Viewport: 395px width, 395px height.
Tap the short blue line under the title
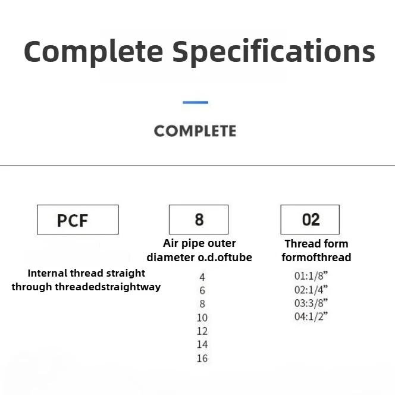[x=195, y=103]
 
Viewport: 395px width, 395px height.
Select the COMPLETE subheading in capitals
[x=195, y=131]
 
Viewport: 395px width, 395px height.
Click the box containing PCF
[x=77, y=220]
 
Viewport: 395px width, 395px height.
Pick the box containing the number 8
[x=199, y=220]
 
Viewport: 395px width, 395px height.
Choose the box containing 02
[x=310, y=220]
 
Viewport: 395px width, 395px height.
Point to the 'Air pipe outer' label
[x=199, y=243]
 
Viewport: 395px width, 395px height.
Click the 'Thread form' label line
[x=316, y=243]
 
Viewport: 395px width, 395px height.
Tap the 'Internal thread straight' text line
[x=86, y=274]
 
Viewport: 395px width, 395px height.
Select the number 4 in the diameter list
[x=202, y=277]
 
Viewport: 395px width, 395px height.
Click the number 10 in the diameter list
[x=202, y=318]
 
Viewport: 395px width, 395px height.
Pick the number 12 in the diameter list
[x=202, y=331]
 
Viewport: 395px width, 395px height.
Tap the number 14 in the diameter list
[x=202, y=344]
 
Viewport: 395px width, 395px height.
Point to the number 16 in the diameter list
[x=202, y=358]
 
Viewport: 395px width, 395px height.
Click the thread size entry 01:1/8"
[x=311, y=276]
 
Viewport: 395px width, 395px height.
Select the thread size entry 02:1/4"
[x=311, y=289]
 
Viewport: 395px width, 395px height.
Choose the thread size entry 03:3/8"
[x=311, y=303]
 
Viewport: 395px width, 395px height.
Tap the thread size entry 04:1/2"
[x=311, y=316]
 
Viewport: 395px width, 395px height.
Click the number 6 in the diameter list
[x=202, y=290]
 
